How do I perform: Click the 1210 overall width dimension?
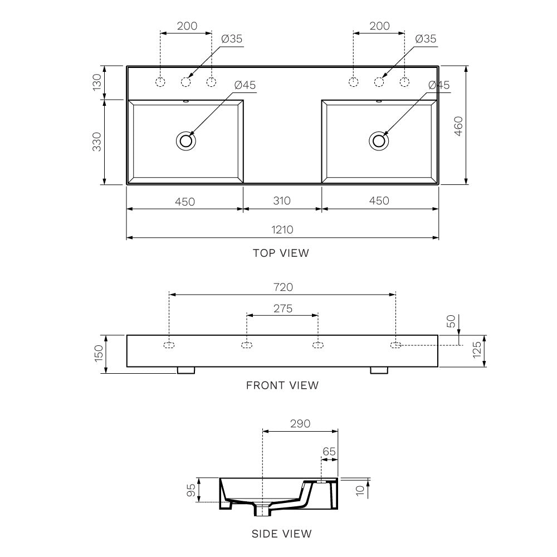282,229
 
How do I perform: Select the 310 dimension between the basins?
282,201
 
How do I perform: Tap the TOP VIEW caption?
281,253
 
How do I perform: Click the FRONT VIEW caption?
282,385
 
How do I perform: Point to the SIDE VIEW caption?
281,534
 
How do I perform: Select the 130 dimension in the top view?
97,82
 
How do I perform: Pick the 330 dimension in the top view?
97,141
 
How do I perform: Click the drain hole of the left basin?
185,140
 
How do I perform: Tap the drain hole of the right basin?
379,140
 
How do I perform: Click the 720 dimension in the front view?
282,287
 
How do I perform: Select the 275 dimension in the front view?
282,308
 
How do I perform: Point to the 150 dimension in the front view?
98,352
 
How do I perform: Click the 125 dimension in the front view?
477,351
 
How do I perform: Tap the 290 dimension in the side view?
300,424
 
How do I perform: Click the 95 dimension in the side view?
191,490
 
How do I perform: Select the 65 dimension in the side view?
329,452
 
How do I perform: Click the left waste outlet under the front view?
186,370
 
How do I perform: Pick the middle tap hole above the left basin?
186,82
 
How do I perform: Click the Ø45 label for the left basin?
245,85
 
